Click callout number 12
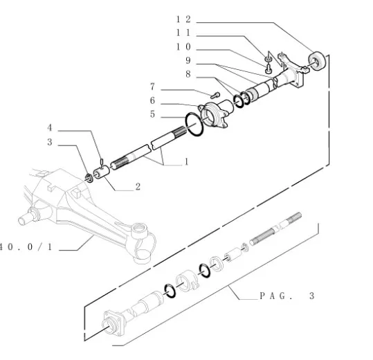click(183, 19)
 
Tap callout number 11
click(183, 33)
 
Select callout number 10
click(183, 46)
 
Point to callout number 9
click(188, 60)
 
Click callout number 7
click(152, 87)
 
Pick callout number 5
click(152, 114)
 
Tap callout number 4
click(50, 128)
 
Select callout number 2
click(138, 187)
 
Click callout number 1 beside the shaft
click(187, 162)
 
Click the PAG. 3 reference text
click(287, 296)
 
